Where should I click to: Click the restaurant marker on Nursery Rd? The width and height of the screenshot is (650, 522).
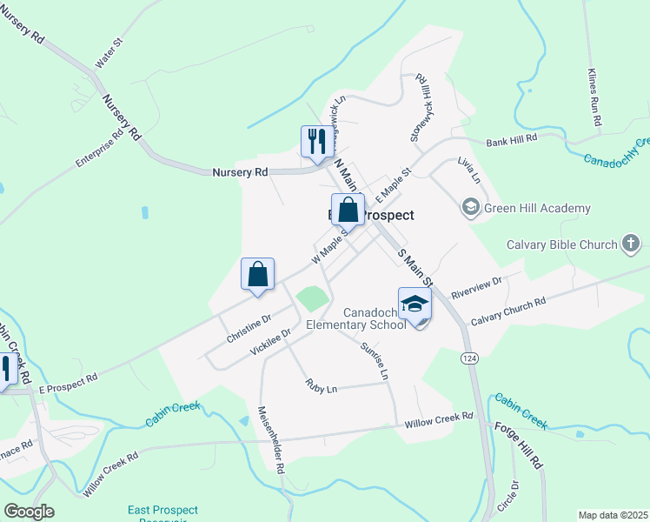click(317, 140)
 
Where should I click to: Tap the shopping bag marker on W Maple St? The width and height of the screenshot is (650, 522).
click(348, 210)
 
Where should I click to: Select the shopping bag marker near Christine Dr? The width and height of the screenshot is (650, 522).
click(257, 274)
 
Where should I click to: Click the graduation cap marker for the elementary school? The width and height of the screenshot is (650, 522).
click(415, 304)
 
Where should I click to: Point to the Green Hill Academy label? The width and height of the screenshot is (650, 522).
click(537, 208)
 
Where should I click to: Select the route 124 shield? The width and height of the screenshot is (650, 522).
click(469, 358)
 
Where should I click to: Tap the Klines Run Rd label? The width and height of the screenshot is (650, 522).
click(594, 98)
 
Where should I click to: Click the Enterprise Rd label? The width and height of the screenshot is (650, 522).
click(100, 149)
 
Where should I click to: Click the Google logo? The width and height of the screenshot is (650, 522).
click(30, 512)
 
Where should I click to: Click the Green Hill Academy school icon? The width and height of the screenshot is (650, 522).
click(470, 208)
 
